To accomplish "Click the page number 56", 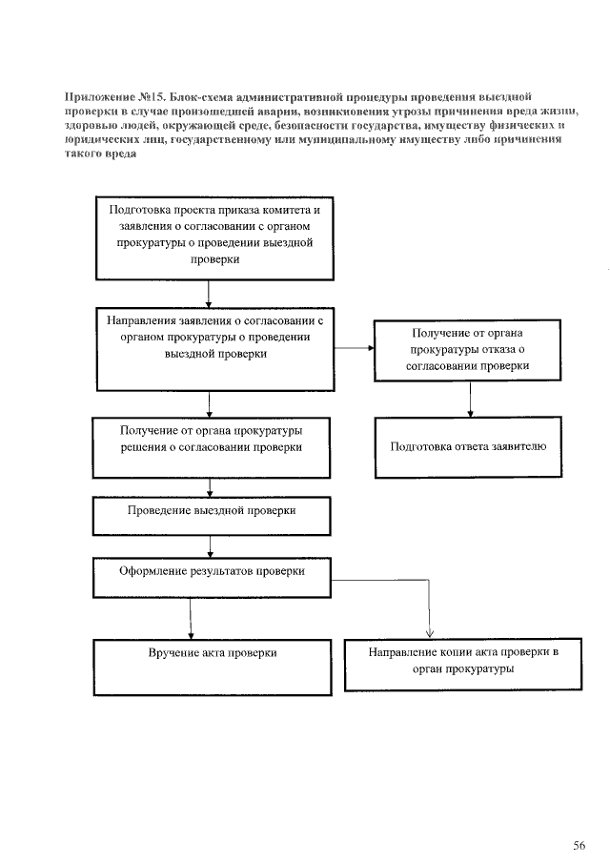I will coord(579,818).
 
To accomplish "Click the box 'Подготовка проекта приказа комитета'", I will coord(214,237).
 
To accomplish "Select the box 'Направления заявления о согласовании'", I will coord(214,348).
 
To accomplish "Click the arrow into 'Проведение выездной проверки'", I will coord(210,486).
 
